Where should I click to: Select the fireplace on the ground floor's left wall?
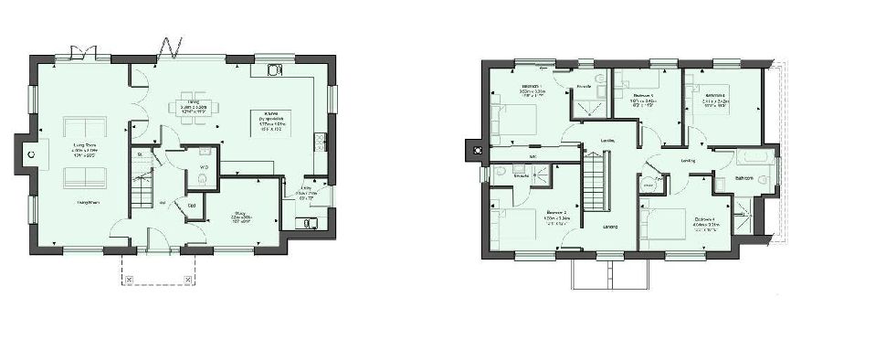tap(30, 155)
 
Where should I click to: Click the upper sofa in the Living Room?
tap(80, 126)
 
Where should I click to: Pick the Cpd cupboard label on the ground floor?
tap(191, 205)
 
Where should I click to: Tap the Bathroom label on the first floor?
tap(742, 177)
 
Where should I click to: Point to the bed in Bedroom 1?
tap(514, 118)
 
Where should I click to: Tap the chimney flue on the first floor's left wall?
tap(474, 147)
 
